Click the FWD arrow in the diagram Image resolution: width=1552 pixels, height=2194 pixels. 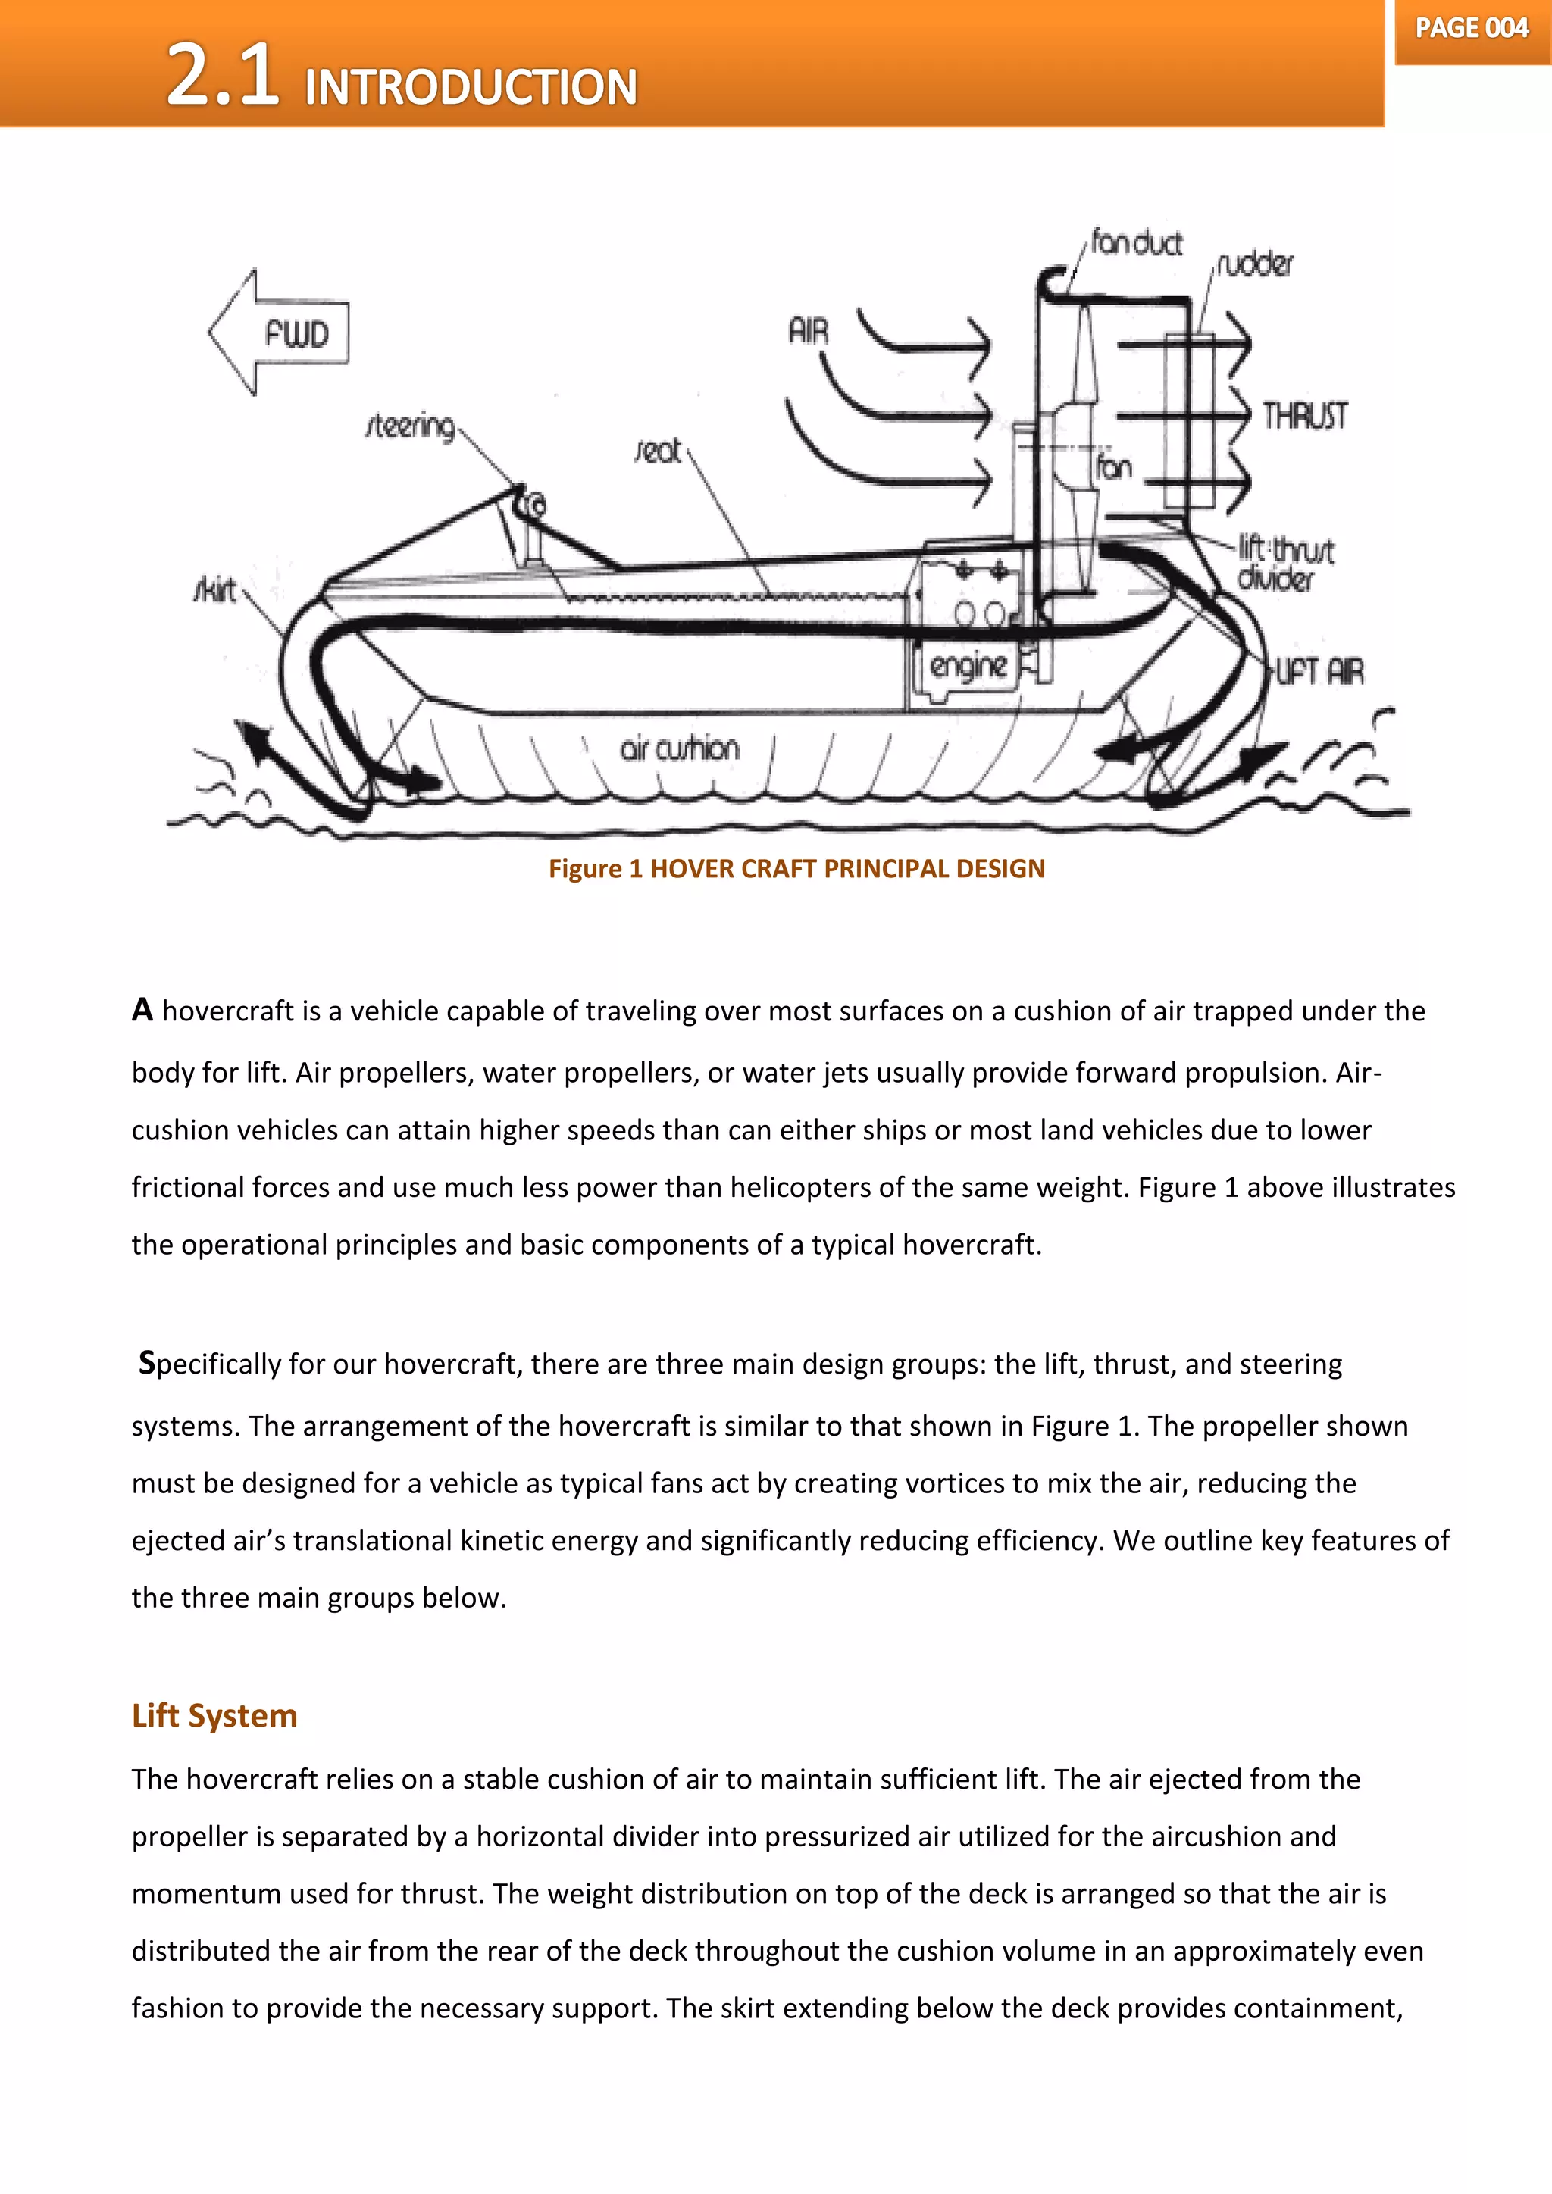280,333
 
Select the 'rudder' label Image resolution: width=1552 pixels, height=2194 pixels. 1256,264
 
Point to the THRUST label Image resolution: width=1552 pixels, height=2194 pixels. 1304,417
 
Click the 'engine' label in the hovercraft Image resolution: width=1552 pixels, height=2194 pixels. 968,665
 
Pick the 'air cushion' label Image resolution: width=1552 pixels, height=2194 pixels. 680,749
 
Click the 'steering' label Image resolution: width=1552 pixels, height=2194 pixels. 411,427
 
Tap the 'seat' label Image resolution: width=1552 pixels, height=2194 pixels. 658,451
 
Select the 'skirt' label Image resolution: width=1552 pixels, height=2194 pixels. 215,589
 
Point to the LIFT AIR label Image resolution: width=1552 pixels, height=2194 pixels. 1320,673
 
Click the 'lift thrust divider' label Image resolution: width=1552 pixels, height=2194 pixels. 1284,563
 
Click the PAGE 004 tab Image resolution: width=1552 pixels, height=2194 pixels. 1472,29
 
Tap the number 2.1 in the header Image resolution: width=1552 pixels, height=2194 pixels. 223,76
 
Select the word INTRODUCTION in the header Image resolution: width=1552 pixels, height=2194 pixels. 470,87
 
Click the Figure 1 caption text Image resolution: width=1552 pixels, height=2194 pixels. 796,869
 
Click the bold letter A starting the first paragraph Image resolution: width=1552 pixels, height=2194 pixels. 142,1010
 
